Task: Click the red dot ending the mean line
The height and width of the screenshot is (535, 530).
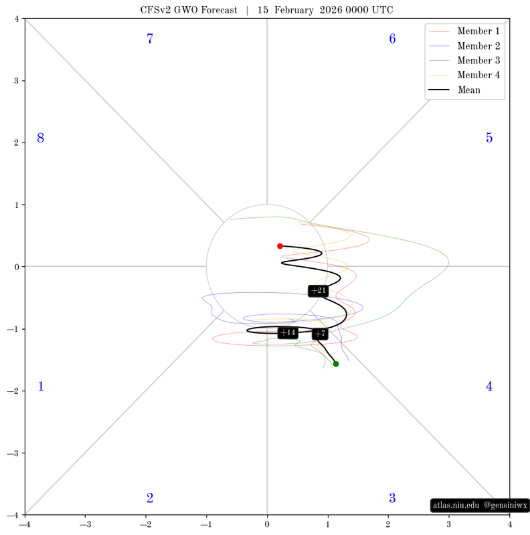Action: [x=280, y=246]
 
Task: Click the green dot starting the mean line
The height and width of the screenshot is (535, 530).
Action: [x=336, y=364]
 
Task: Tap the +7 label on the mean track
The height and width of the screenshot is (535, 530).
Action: [x=320, y=334]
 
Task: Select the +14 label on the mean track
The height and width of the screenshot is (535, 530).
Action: [x=288, y=332]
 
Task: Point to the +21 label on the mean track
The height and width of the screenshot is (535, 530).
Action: [x=319, y=291]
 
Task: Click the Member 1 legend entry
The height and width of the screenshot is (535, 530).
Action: [x=464, y=31]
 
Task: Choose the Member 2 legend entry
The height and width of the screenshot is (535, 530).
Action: [x=464, y=45]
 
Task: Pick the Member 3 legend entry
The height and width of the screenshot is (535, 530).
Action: [x=464, y=60]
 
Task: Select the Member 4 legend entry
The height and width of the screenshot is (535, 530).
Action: [x=464, y=75]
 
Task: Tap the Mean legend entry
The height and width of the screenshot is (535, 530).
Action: [x=454, y=90]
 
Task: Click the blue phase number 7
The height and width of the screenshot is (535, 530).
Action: [x=150, y=39]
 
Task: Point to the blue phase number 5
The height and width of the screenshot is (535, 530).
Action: [x=489, y=138]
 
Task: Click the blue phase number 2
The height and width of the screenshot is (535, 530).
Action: [x=150, y=498]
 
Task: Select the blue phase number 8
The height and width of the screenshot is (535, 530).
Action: [x=41, y=138]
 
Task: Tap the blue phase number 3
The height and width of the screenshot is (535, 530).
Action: [x=392, y=498]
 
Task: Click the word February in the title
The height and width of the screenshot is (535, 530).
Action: [x=294, y=10]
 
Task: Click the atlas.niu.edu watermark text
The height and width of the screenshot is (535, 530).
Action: [x=456, y=505]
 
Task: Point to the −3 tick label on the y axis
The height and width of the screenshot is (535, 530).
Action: [x=13, y=453]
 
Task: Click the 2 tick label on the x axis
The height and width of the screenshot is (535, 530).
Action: [x=388, y=524]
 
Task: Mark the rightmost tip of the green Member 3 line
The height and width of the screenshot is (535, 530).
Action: [x=449, y=262]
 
